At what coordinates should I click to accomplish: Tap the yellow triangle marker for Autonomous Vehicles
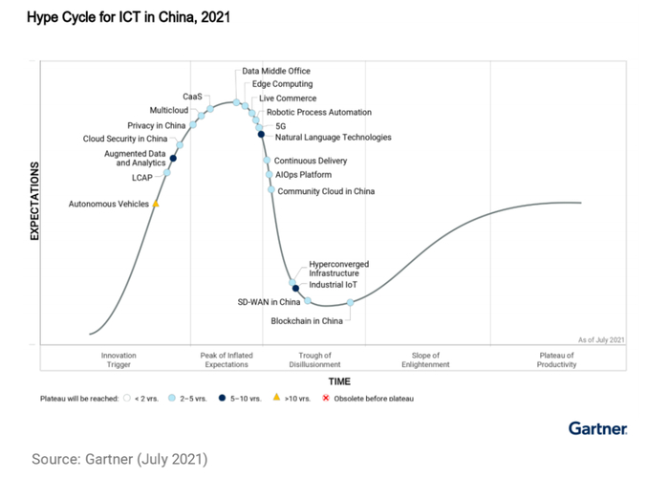156,204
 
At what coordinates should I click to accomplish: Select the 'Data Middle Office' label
276,71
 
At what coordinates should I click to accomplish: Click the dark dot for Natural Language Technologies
261,134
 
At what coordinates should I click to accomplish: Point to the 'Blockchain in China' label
306,321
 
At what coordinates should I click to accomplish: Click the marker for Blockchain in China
351,303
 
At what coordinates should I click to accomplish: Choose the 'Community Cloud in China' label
326,191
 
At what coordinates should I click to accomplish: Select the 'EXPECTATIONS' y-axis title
34,201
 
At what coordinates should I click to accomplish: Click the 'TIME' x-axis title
339,381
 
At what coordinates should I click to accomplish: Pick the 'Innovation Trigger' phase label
119,359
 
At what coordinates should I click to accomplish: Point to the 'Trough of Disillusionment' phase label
314,359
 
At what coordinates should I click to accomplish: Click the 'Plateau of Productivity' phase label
557,359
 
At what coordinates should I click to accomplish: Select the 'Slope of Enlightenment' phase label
425,359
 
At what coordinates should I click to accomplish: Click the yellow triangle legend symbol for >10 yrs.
276,397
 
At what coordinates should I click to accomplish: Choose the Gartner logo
597,427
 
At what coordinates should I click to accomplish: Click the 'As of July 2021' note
601,339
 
